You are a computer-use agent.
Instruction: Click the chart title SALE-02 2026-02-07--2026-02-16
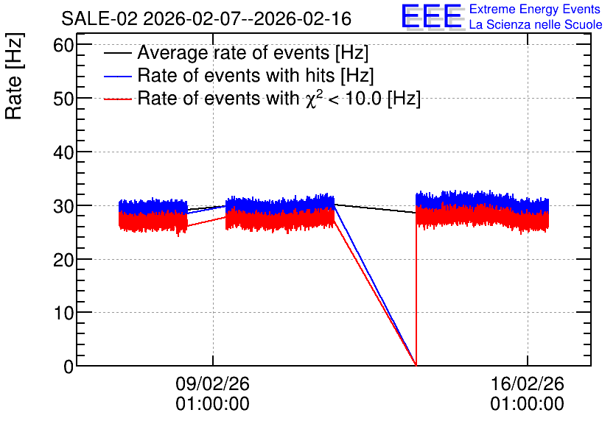click(x=206, y=18)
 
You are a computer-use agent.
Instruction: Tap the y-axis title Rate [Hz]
click(x=14, y=76)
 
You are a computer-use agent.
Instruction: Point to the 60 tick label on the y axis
click(x=63, y=46)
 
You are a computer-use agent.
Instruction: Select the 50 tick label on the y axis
click(x=63, y=99)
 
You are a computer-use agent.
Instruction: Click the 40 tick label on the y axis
click(x=63, y=152)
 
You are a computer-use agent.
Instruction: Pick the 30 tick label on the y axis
click(x=63, y=206)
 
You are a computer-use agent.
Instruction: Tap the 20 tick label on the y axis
click(x=63, y=259)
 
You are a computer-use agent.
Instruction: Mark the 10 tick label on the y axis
click(x=63, y=313)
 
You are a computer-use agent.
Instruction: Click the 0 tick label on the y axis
click(x=69, y=367)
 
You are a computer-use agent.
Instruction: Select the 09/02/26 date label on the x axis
click(x=212, y=383)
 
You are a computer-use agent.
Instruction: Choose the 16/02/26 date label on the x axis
click(x=528, y=383)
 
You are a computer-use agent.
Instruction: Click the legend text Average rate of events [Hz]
click(x=253, y=53)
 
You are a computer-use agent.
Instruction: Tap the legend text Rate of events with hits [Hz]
click(x=256, y=75)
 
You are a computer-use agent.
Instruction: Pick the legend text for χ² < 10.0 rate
click(x=279, y=98)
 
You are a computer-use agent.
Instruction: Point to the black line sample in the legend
click(x=118, y=53)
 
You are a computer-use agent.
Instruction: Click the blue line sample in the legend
click(x=118, y=76)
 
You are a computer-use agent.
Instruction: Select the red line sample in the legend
click(x=118, y=99)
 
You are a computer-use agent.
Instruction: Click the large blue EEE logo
click(x=432, y=16)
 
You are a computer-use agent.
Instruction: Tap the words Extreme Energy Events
click(x=535, y=9)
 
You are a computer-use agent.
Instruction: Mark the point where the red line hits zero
click(x=416, y=365)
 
